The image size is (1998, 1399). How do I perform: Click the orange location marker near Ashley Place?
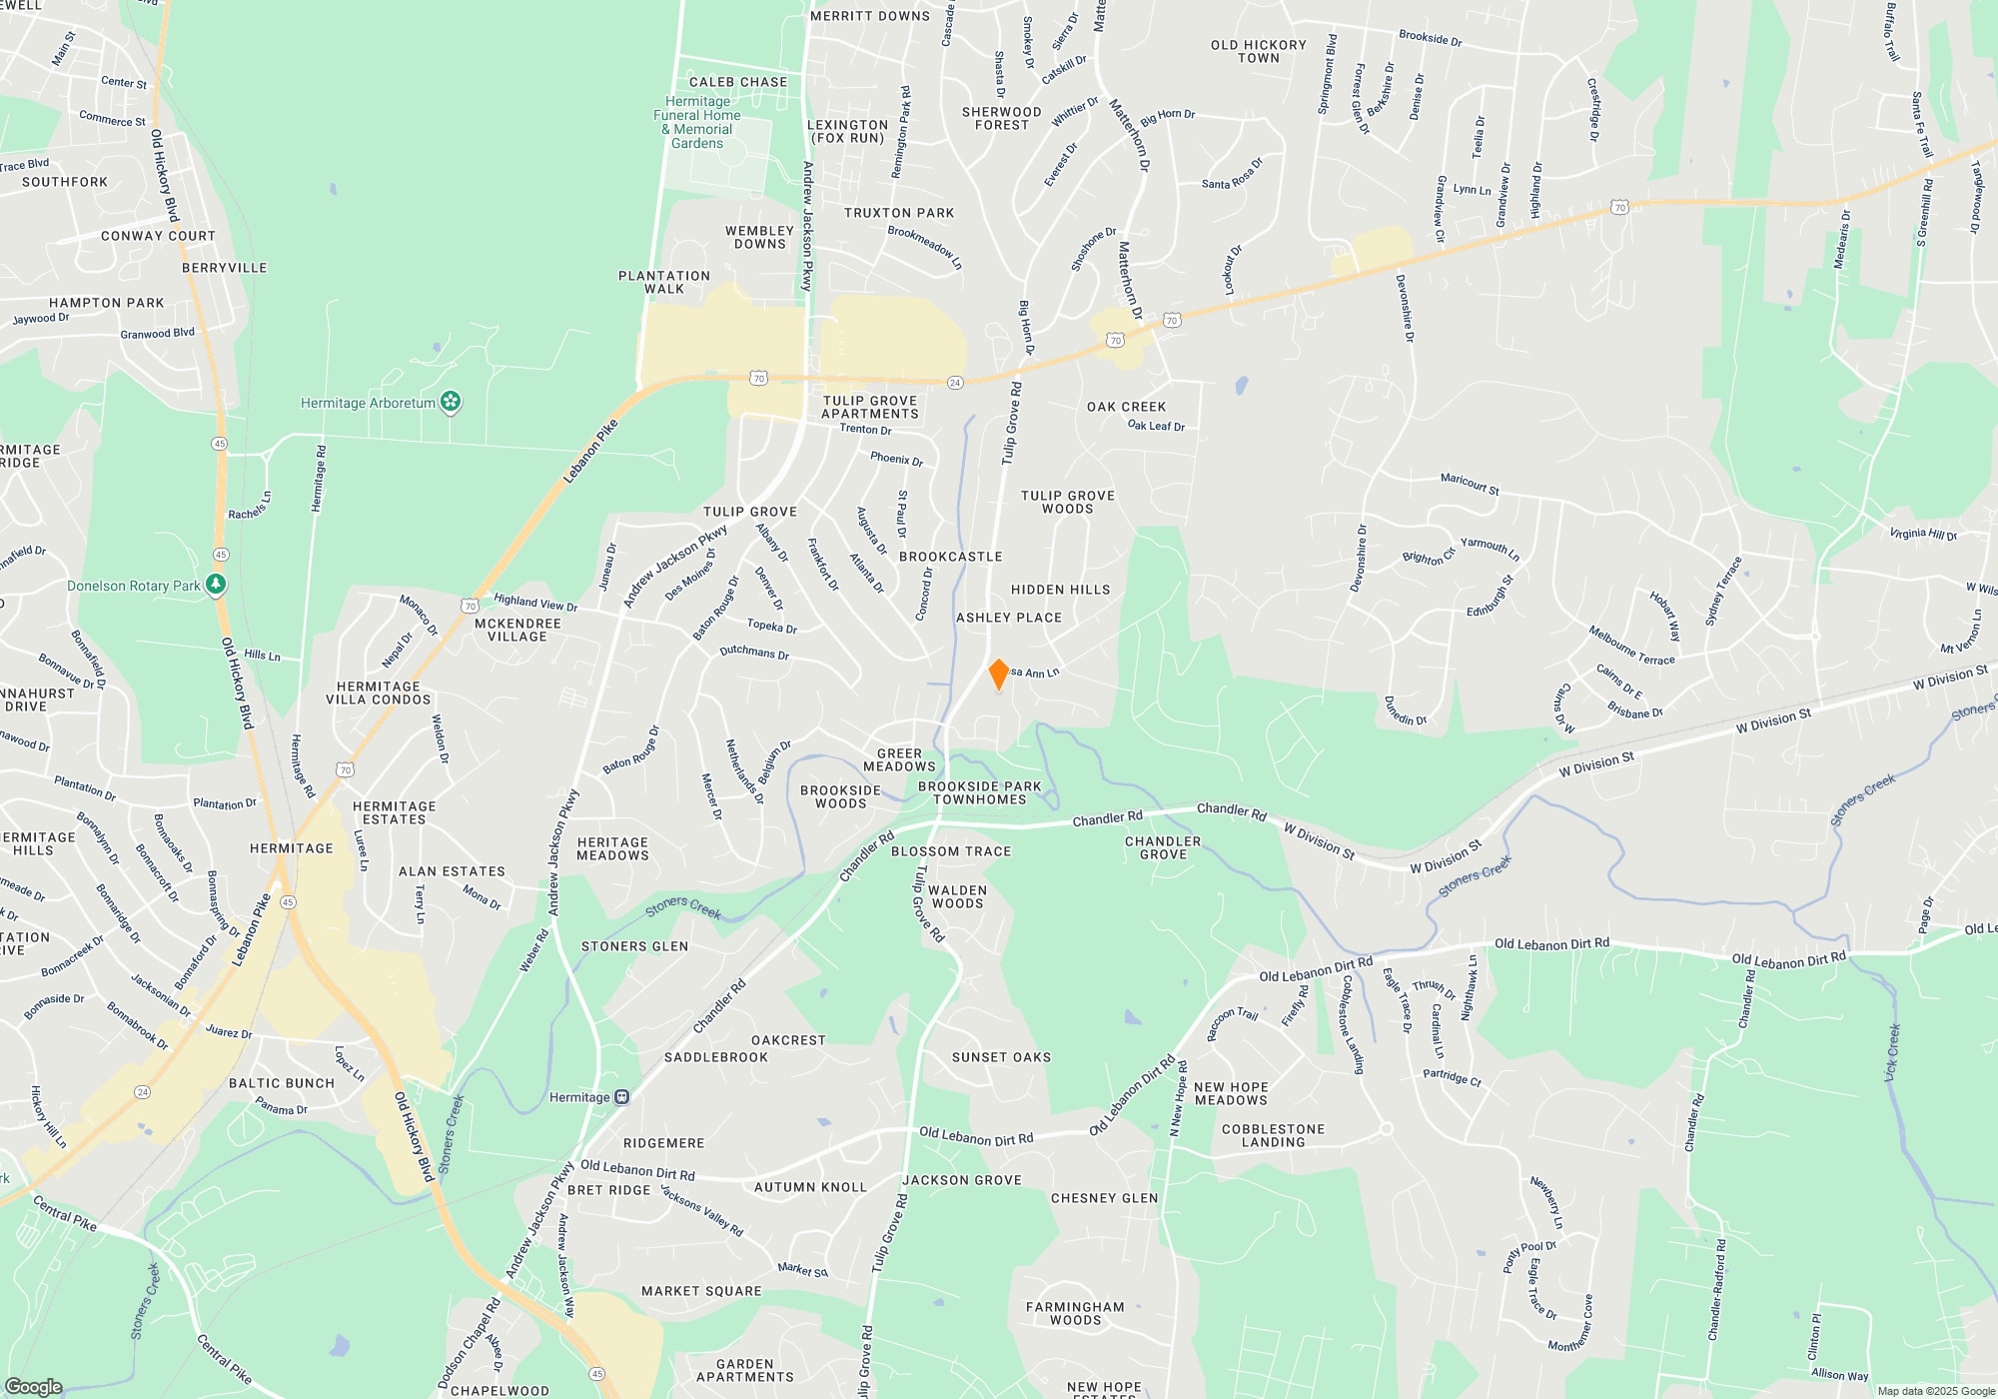pos(998,675)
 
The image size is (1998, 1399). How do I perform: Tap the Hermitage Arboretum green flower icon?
pos(451,402)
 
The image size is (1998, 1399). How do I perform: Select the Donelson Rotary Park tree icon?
pos(216,585)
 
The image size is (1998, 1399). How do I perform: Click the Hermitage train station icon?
pos(621,1097)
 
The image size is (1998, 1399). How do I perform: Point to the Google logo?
pos(33,1386)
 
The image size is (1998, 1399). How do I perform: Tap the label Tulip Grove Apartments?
pos(870,408)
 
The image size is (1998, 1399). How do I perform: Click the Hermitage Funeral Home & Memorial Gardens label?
pos(697,122)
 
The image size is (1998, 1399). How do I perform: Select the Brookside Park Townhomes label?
pos(979,792)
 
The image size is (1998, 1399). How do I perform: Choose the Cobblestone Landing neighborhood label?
pos(1273,1135)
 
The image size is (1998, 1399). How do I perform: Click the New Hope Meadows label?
pos(1231,1093)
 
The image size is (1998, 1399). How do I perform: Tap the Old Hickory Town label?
pos(1259,51)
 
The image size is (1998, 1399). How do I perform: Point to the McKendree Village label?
pos(517,630)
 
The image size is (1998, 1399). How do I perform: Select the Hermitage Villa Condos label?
pos(379,693)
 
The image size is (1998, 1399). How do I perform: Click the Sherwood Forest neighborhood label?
pos(1001,118)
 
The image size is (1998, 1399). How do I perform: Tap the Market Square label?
pos(701,1291)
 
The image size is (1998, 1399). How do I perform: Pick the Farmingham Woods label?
pos(1075,1313)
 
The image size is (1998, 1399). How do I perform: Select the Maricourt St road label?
pos(1470,484)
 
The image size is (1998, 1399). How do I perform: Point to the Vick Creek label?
pos(1891,1051)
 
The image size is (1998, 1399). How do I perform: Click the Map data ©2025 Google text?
pos(1935,1391)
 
